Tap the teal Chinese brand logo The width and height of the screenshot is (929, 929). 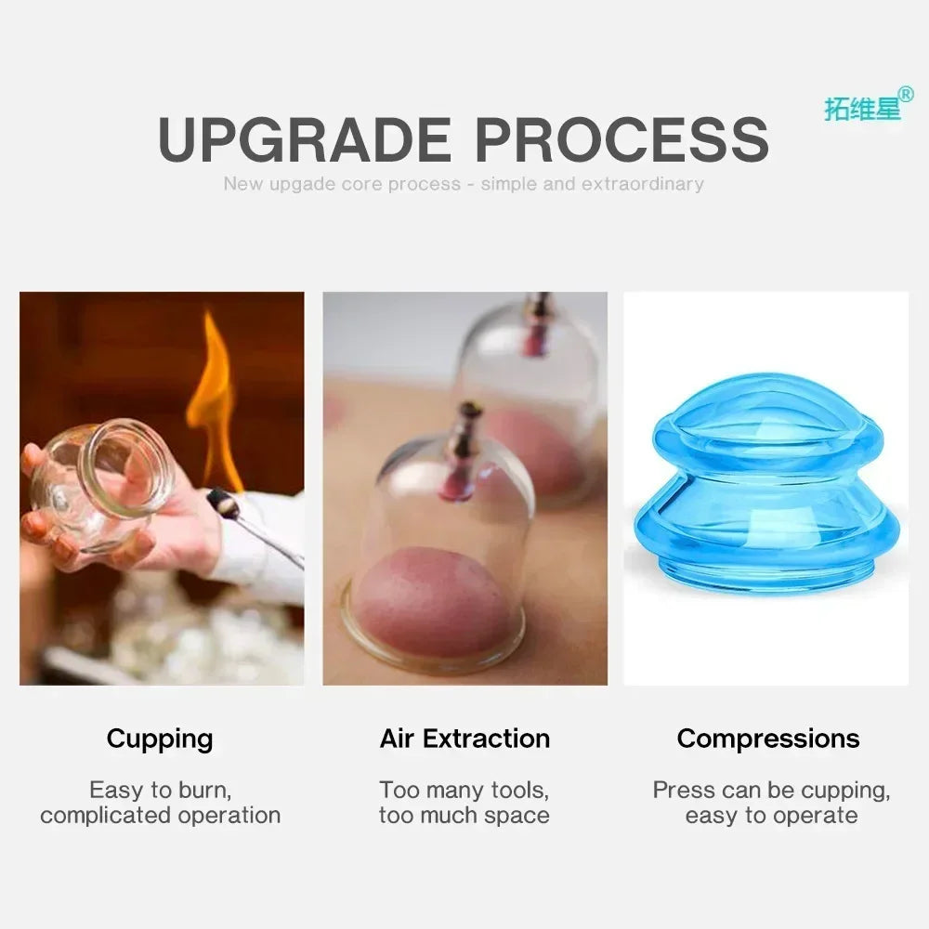point(862,108)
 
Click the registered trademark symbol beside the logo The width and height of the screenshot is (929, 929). point(906,94)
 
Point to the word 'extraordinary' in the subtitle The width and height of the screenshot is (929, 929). point(642,184)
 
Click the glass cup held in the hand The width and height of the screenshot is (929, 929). point(102,483)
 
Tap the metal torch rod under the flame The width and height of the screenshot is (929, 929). point(255,530)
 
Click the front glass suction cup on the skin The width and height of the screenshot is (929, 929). point(437,548)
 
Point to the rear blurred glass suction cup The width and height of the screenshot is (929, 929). point(530,399)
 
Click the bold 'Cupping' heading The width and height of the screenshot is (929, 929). point(160,739)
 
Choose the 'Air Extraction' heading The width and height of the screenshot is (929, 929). point(464,739)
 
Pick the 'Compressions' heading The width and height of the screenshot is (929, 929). point(768,739)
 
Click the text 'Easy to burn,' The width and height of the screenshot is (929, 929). point(160,791)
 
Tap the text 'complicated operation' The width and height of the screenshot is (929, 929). point(160,816)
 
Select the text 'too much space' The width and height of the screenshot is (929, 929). point(464,816)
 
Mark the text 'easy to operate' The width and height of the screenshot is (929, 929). point(771,816)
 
